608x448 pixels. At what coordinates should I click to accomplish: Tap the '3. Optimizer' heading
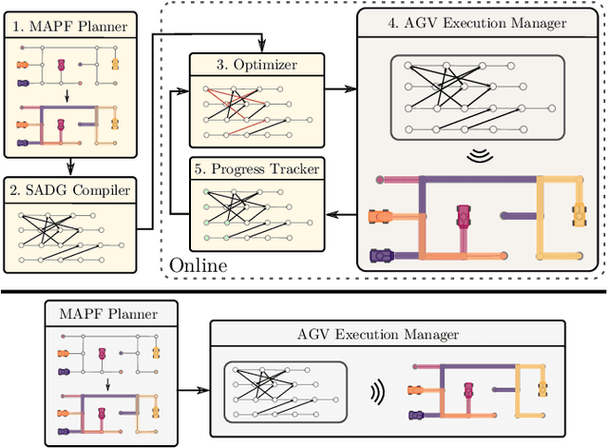pyautogui.click(x=256, y=66)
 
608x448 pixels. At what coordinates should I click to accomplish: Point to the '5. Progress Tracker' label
pyautogui.click(x=256, y=168)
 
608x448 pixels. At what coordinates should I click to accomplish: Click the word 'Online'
pyautogui.click(x=199, y=264)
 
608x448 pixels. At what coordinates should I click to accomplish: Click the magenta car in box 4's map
pyautogui.click(x=464, y=217)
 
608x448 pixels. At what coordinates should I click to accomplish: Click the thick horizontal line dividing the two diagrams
pyautogui.click(x=304, y=292)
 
